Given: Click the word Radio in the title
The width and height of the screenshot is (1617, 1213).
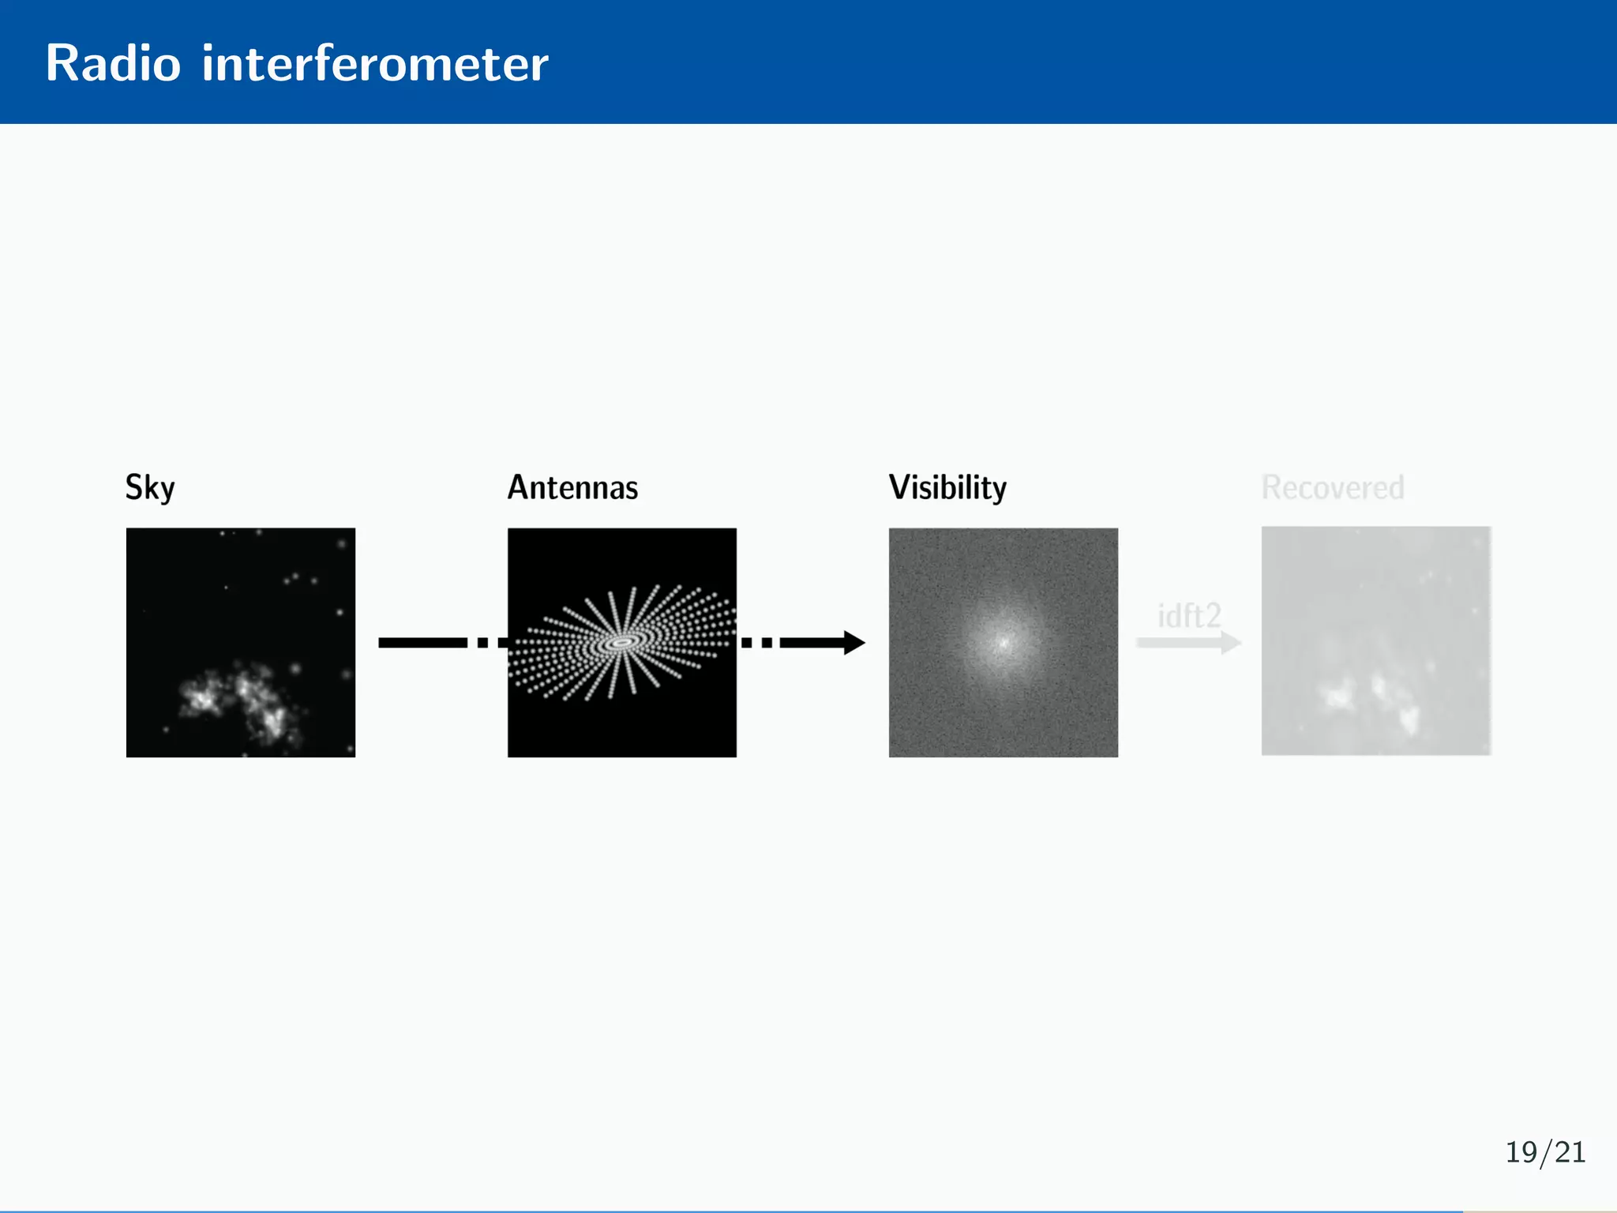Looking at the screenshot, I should tap(113, 63).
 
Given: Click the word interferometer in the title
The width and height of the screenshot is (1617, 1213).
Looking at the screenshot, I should tap(374, 63).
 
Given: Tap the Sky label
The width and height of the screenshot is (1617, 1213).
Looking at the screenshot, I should tap(150, 487).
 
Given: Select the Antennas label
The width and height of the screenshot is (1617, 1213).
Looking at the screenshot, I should tap(572, 487).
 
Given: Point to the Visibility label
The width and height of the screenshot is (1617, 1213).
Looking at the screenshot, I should tap(947, 487).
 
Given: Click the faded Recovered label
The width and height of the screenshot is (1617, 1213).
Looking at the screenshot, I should tap(1333, 487).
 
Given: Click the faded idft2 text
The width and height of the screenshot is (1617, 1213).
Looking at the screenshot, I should tap(1189, 615).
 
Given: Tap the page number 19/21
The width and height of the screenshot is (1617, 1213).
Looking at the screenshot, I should tap(1545, 1152).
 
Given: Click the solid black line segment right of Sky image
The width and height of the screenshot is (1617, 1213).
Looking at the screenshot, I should tap(422, 643).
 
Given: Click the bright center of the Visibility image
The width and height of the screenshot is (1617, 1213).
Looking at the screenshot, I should tap(1004, 642).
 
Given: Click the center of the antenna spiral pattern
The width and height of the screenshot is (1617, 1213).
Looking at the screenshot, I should tap(622, 643).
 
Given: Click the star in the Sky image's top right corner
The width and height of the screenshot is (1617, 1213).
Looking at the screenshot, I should tap(342, 543).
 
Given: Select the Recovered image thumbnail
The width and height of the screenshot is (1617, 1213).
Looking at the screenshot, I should tap(1375, 641).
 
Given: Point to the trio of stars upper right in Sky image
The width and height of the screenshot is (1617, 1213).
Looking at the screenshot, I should tap(298, 579).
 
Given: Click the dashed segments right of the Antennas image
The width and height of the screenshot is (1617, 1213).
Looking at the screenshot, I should tap(758, 643).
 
